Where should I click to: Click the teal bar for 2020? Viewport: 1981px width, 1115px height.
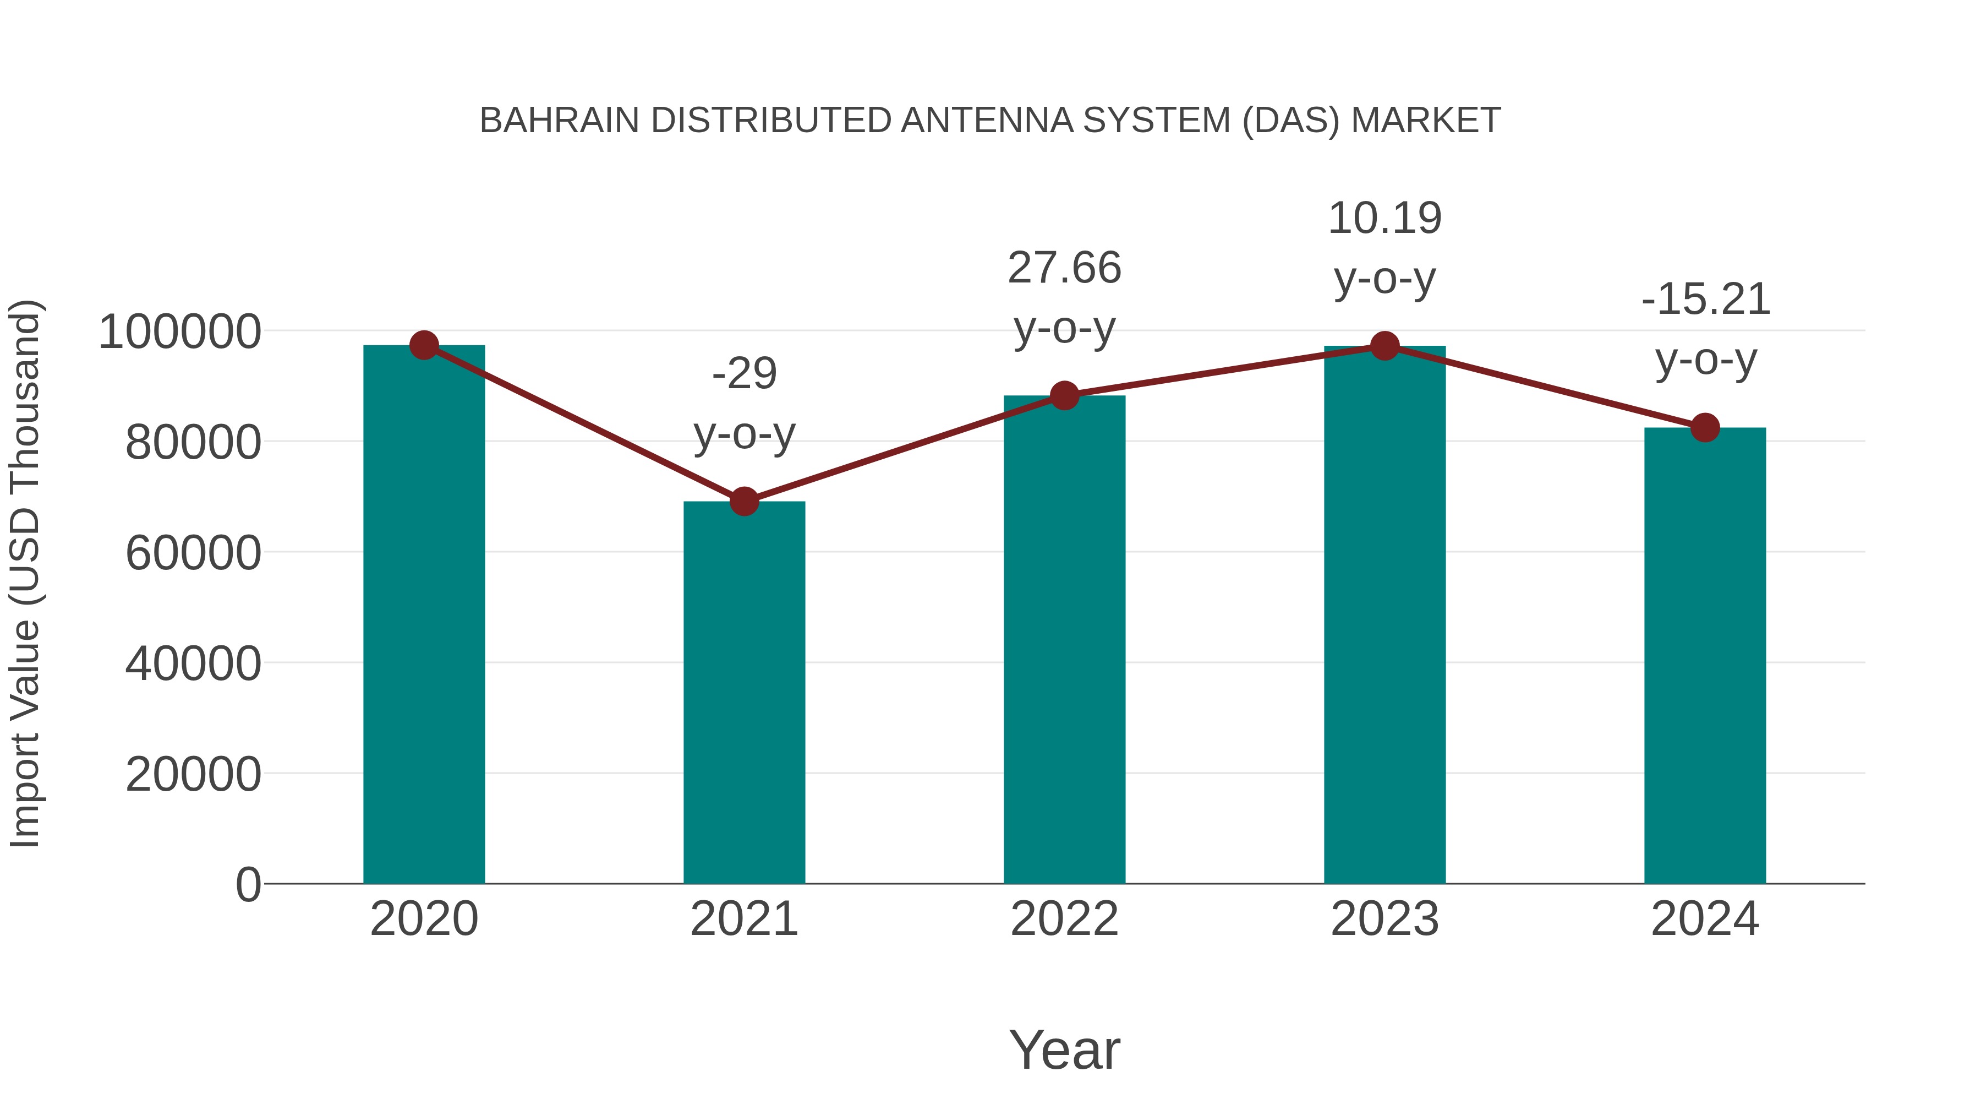pos(424,616)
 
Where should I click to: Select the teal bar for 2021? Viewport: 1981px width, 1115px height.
pos(743,693)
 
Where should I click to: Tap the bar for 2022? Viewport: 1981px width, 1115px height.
pos(1064,639)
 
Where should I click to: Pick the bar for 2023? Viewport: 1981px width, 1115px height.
pos(1384,616)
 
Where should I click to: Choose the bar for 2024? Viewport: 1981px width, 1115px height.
pos(1705,654)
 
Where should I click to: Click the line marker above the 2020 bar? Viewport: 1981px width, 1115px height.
pos(424,345)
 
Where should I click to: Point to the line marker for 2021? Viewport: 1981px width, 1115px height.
pos(743,502)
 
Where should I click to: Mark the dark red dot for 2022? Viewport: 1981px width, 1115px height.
pos(1064,395)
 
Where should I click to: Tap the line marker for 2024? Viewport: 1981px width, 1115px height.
pos(1705,427)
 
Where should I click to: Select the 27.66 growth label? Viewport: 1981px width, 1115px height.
pos(1064,269)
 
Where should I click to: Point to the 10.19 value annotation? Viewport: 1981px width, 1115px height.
pos(1384,219)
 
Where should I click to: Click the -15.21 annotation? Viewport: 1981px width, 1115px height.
pos(1705,300)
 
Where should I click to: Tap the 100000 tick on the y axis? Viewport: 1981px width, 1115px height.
pos(179,333)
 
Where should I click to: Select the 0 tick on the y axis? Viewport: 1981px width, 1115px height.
pos(248,885)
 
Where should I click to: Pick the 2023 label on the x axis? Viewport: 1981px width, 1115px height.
pos(1384,920)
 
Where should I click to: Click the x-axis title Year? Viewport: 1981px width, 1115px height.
pos(1064,1051)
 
